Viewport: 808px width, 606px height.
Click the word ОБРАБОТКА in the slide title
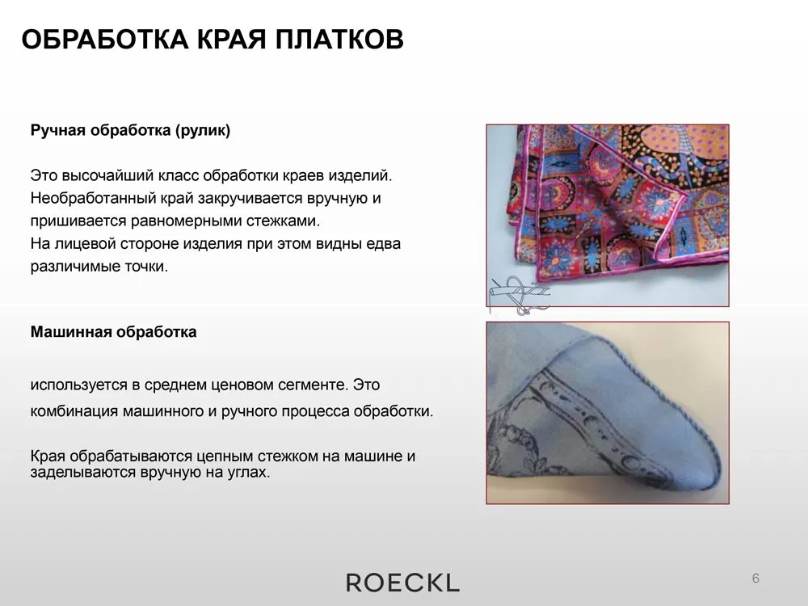(105, 39)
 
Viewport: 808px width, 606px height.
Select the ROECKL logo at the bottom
(402, 583)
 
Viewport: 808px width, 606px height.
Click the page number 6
(755, 579)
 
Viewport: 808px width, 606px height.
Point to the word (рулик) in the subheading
(203, 130)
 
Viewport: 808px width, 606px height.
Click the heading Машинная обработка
(113, 331)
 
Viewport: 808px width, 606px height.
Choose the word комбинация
(74, 411)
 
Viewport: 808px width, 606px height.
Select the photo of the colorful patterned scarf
(608, 216)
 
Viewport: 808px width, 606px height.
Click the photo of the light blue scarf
(608, 413)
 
